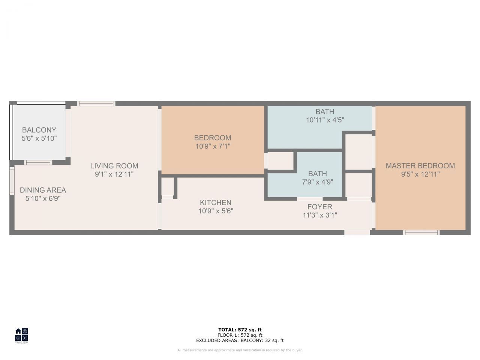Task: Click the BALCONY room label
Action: tap(39, 130)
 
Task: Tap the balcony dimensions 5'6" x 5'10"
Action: tap(39, 138)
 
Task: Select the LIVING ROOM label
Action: tap(114, 166)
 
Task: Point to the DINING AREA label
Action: tap(43, 190)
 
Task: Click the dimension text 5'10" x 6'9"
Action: tap(43, 198)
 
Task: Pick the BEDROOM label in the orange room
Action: tap(213, 138)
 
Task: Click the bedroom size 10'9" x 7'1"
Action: tap(213, 146)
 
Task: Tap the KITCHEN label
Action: tap(216, 202)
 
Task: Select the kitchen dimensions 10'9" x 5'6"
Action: tap(216, 211)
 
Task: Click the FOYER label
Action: tap(320, 207)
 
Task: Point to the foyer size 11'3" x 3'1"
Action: tap(320, 215)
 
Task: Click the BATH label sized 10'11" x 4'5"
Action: tap(325, 111)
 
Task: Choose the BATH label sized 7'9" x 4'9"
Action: tap(318, 174)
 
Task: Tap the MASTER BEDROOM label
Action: tap(420, 166)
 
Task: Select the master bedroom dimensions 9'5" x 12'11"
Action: tap(420, 174)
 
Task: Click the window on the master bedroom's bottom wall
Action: tap(421, 232)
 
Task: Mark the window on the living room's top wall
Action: tap(96, 103)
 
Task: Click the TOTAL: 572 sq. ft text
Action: tap(240, 330)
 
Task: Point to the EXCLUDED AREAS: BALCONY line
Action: tap(240, 340)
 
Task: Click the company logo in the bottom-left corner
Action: tap(21, 335)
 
